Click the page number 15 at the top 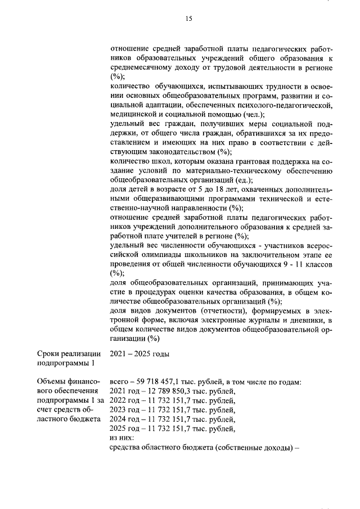click(x=188, y=19)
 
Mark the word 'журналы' click(x=253, y=320)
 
